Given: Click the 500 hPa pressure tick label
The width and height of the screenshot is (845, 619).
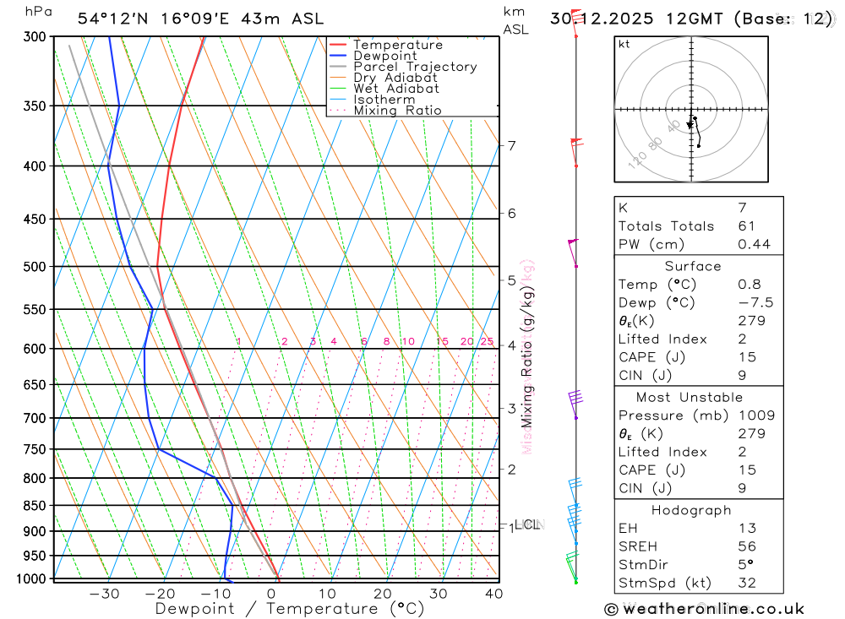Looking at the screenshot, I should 35,267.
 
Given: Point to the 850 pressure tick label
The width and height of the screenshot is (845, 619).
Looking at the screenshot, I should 35,506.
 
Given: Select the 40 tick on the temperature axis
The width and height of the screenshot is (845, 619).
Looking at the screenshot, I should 493,594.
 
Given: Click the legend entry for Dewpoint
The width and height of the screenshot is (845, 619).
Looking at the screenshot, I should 384,56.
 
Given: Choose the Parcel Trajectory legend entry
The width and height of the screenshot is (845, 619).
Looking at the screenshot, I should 415,67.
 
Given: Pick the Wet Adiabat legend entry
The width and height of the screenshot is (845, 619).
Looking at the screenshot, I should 396,89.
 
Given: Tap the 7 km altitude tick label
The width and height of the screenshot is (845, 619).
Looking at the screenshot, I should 512,145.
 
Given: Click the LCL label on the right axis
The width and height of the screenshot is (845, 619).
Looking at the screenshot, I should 527,524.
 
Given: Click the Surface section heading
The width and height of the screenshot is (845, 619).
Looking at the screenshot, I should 692,266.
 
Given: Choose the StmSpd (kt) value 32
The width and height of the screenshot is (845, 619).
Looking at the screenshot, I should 746,583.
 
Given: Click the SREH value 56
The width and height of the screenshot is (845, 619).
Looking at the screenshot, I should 746,546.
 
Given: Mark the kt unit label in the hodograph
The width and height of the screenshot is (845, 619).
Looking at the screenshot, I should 624,44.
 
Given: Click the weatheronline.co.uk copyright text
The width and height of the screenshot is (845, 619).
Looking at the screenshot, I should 704,609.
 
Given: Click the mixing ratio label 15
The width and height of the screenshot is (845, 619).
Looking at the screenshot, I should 442,341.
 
